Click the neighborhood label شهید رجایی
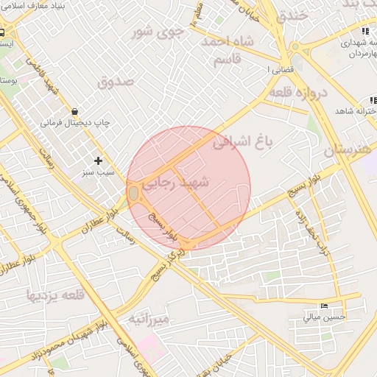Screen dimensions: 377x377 click(x=179, y=181)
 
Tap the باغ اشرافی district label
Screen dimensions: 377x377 click(x=242, y=141)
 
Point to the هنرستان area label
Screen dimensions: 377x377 click(x=349, y=150)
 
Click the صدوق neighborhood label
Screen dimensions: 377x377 click(x=116, y=81)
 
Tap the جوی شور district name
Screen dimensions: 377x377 click(x=155, y=32)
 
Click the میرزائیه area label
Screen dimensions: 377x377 click(x=149, y=318)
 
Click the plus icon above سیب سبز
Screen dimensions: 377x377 click(x=98, y=160)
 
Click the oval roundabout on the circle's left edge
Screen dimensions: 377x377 click(x=133, y=193)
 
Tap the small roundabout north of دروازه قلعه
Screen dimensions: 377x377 click(x=296, y=46)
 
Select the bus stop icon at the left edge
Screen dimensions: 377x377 click(x=3, y=32)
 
